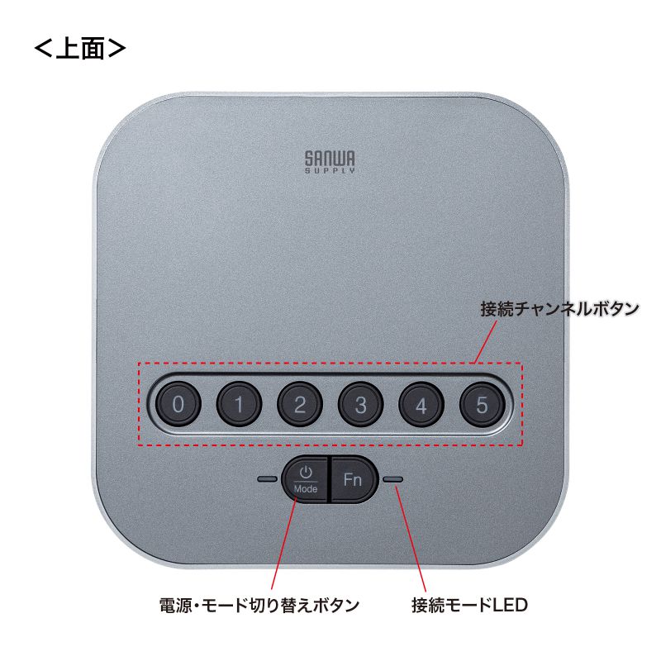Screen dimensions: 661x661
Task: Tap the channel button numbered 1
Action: (x=239, y=405)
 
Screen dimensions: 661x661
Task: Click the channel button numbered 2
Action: (x=300, y=405)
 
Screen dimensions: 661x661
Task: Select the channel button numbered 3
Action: (x=361, y=405)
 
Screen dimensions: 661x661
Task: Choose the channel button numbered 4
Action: (x=421, y=405)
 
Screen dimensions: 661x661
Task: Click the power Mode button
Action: (x=306, y=479)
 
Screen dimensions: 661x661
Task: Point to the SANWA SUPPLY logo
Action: (x=330, y=160)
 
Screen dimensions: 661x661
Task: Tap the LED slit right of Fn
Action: (x=392, y=478)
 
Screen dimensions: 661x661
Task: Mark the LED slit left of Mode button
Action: (x=268, y=478)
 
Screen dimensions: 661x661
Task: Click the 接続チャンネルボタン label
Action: (x=559, y=310)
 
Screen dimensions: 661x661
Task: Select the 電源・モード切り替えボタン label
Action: (x=259, y=605)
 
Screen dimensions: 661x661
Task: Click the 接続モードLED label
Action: (x=469, y=605)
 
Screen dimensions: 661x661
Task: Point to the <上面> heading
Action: (x=79, y=48)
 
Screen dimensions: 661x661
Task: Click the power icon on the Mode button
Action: (x=306, y=472)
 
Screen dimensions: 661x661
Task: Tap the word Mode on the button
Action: (x=306, y=488)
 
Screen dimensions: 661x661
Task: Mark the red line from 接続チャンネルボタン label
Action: (x=487, y=342)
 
